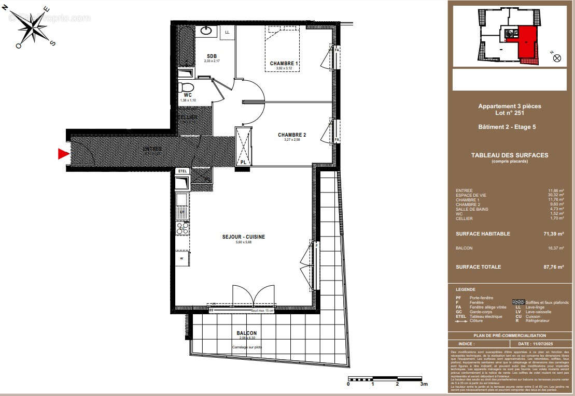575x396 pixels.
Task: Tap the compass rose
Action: pos(35,25)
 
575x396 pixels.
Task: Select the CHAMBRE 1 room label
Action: pos(285,64)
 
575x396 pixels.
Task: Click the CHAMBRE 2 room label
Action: pos(291,135)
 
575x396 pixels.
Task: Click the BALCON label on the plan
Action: pos(246,333)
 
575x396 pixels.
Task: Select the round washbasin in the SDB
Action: pos(205,30)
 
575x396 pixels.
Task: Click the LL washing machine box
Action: pos(227,32)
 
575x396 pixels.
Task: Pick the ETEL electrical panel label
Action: pos(182,171)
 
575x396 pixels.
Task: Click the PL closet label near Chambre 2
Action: pos(243,163)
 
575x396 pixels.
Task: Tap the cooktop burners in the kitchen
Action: pos(183,227)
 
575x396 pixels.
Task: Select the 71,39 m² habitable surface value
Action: pos(552,234)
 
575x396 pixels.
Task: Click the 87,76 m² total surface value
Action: pos(552,267)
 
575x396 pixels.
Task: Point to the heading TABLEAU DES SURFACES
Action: pos(509,155)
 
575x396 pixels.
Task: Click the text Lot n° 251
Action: pos(509,113)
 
